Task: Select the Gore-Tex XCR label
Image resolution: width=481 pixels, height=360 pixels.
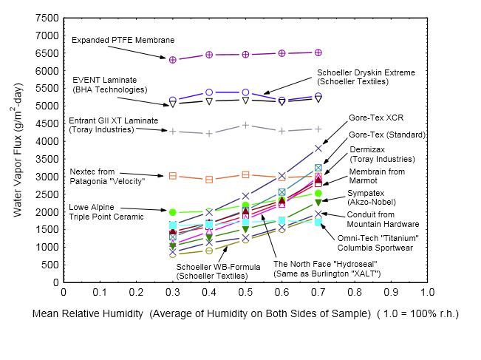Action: point(376,118)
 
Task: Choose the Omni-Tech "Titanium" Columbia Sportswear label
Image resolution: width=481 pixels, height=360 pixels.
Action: point(378,242)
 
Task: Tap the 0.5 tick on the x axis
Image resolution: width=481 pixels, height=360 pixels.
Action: point(245,291)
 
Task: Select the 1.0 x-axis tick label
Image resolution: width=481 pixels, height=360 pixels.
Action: point(426,291)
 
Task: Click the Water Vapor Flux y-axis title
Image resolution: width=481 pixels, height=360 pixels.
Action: point(16,149)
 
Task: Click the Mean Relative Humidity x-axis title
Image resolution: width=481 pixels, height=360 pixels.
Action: point(245,313)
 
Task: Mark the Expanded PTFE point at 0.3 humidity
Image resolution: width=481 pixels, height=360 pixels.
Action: point(173,59)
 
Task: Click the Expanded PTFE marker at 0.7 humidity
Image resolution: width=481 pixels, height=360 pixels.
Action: point(318,52)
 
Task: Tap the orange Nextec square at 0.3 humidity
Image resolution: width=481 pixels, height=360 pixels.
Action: point(173,176)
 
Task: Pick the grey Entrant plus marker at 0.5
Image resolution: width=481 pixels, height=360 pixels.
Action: point(245,125)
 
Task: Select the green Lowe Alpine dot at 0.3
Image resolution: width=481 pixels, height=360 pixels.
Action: point(173,212)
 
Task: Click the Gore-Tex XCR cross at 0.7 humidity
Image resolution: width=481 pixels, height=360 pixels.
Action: point(318,149)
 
